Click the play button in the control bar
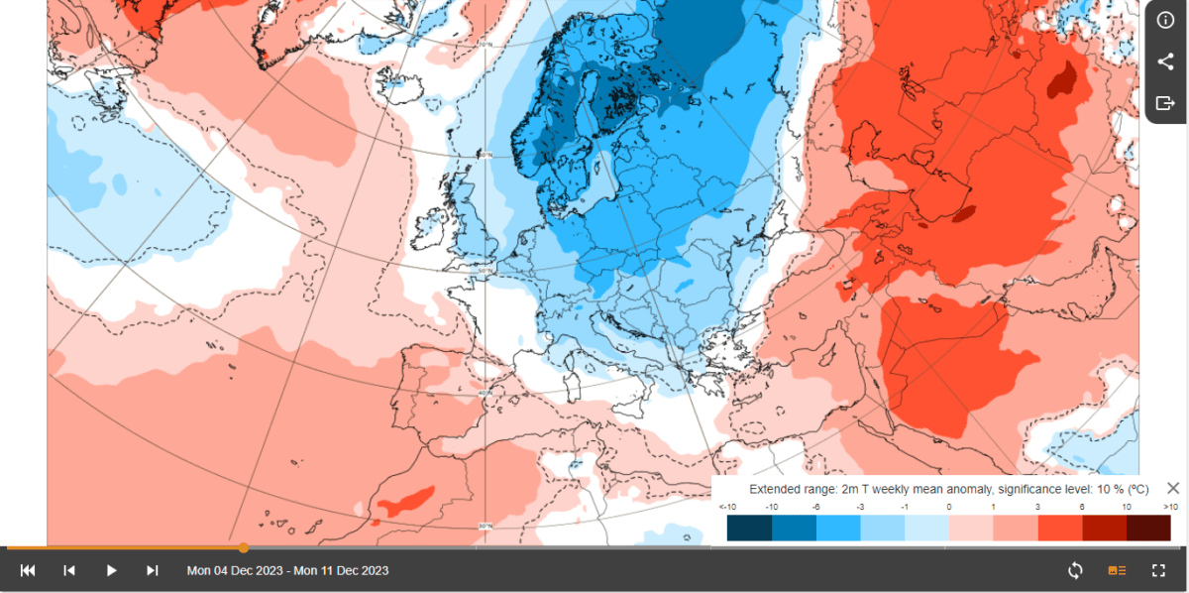[x=111, y=570]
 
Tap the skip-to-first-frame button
[x=28, y=570]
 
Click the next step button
[x=153, y=570]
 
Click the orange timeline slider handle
[x=244, y=547]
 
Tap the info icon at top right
[x=1165, y=22]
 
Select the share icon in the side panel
[x=1165, y=62]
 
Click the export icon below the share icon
[x=1165, y=103]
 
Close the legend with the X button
[x=1173, y=488]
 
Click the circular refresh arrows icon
[x=1075, y=570]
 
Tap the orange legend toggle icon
[x=1117, y=570]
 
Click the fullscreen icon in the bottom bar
[x=1158, y=570]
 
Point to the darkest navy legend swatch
[x=749, y=528]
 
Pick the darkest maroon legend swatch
[x=1148, y=528]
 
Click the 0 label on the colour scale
[x=948, y=507]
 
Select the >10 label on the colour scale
[x=1169, y=507]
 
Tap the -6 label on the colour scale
[x=815, y=507]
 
